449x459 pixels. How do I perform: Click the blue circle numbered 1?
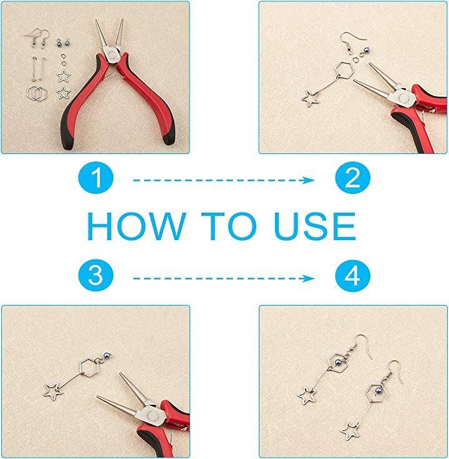95,177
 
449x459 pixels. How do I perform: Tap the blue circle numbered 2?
353,177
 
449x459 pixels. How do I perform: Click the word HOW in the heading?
137,226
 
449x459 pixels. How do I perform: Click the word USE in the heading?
316,226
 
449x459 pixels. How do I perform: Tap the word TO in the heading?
229,226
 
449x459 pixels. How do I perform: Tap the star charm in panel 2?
311,99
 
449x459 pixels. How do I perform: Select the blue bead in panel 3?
107,357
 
